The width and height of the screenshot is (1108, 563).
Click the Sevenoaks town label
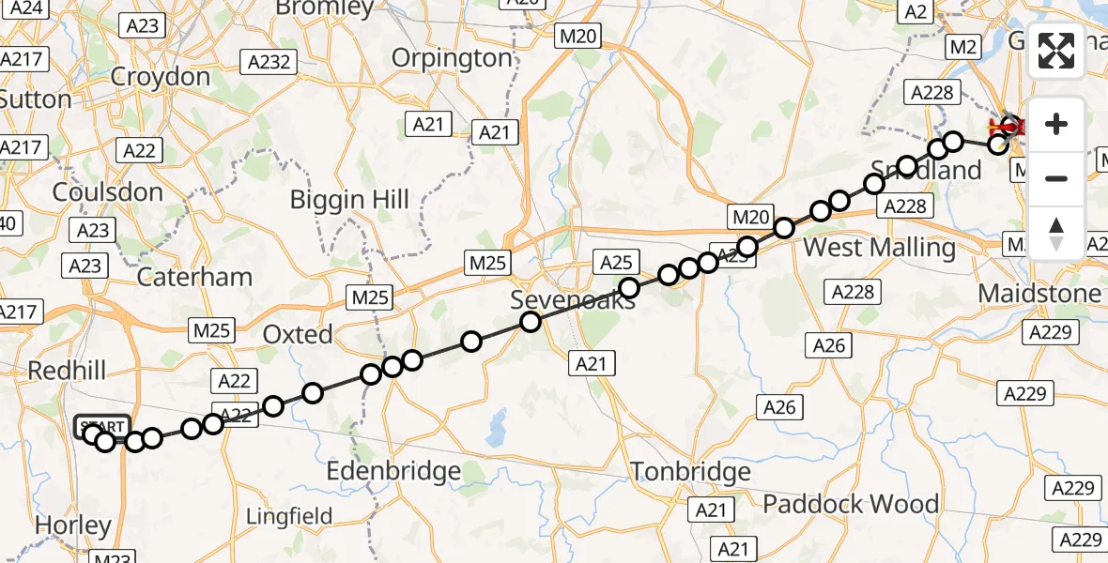(572, 300)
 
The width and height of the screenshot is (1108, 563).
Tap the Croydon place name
(161, 76)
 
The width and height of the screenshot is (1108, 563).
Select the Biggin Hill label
(349, 200)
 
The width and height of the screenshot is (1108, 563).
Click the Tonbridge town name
(690, 471)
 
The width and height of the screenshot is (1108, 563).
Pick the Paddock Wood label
(851, 504)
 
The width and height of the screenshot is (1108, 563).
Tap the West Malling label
(880, 248)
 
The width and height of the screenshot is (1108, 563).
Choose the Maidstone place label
(1039, 294)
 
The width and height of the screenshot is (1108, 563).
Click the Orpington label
(452, 58)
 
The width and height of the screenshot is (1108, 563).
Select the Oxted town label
(298, 334)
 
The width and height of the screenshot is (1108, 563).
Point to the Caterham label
(194, 277)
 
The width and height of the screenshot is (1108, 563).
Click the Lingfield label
(289, 516)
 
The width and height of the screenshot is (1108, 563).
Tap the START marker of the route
(102, 427)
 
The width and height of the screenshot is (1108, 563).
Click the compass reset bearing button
(1056, 231)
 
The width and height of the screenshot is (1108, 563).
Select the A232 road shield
(269, 63)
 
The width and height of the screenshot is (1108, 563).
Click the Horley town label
(72, 526)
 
